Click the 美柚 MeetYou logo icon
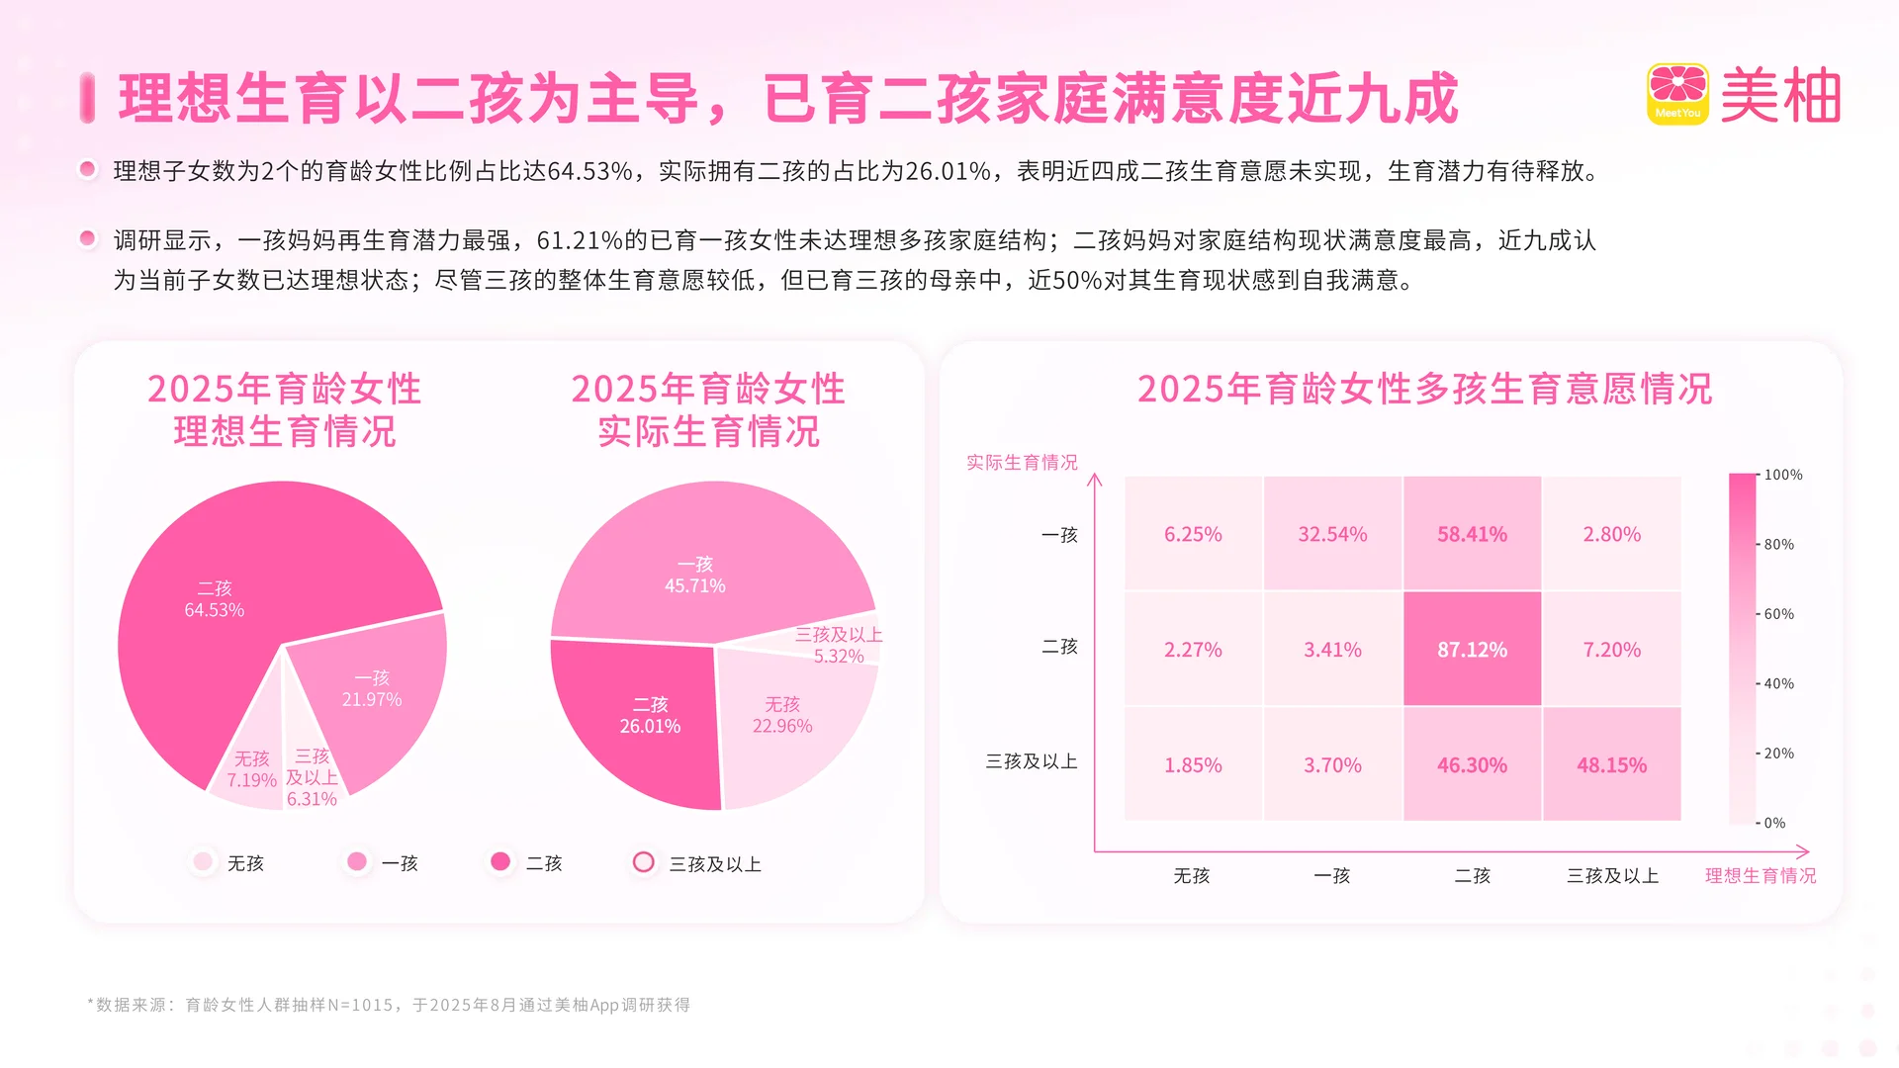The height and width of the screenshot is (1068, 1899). [1677, 94]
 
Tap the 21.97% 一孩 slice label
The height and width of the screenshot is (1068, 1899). [372, 689]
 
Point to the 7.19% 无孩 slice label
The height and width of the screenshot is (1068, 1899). [251, 769]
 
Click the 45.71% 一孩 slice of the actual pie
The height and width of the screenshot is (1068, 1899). [695, 575]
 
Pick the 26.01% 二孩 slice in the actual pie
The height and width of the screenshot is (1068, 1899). [650, 715]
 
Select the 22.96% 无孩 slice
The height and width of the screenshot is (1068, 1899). [782, 715]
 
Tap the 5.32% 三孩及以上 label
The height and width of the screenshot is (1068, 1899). [839, 646]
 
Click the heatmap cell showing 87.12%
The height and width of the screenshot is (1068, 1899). [1472, 650]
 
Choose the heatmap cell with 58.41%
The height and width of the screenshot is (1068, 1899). [1472, 534]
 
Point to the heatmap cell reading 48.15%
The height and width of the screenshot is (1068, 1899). [1611, 764]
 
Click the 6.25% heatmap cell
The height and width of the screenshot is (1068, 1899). [1193, 534]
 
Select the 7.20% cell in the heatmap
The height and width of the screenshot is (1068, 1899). [1611, 650]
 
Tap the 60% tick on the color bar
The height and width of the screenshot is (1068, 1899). [1778, 614]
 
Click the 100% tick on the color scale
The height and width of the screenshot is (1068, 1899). [1782, 475]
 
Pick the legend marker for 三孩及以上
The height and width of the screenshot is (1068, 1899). [644, 862]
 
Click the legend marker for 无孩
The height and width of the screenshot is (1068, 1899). [204, 862]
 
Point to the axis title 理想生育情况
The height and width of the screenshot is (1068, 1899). [1761, 876]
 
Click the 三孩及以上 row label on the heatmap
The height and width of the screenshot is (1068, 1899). [1031, 761]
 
